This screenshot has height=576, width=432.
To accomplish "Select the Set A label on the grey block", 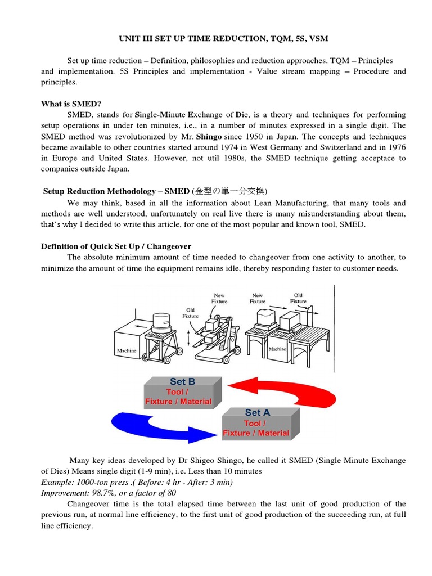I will point(257,412).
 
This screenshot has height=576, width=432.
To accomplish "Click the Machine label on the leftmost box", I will point(127,351).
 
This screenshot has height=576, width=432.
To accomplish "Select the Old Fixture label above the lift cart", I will point(191,312).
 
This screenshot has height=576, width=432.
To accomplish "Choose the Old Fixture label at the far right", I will point(298,298).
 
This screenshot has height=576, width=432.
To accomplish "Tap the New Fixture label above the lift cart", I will point(219,298).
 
